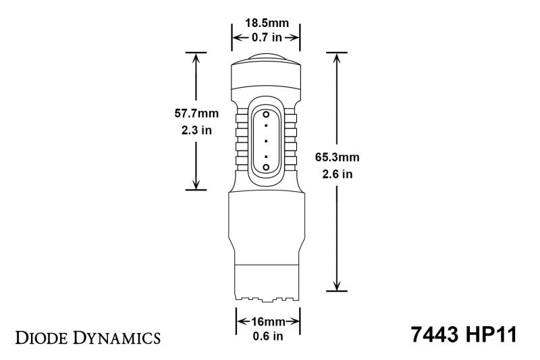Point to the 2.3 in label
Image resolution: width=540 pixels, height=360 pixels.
[x=194, y=130]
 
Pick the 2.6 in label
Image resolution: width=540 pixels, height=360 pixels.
[x=337, y=175]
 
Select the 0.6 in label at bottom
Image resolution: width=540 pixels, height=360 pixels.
[x=265, y=336]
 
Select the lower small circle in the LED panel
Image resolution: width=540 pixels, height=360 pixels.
[x=266, y=166]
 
